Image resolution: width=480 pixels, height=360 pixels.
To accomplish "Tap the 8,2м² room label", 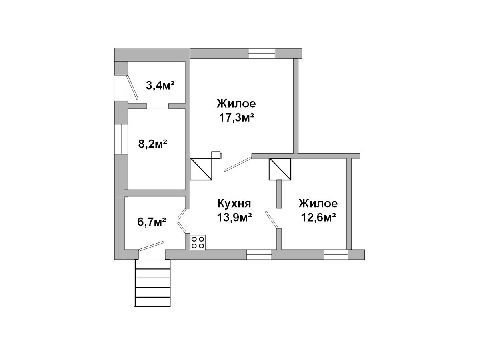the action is point(153,144).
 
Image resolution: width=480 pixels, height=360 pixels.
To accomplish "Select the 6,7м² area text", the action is point(152,222).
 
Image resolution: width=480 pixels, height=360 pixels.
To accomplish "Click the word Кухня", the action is point(234,204).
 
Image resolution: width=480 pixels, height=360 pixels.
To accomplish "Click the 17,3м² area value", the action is point(236,118).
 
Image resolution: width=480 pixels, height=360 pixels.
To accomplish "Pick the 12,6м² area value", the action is point(318,218).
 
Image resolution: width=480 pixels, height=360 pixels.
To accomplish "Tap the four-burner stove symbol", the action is point(198,242).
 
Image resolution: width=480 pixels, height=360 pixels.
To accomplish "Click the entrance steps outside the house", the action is point(152,283).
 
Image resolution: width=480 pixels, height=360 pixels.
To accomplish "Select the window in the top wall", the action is point(262,54).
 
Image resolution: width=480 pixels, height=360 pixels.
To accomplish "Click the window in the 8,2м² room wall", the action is point(121,140).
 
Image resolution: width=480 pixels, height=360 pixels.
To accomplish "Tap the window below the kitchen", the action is point(259,255).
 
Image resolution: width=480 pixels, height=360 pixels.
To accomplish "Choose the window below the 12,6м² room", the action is point(336,255).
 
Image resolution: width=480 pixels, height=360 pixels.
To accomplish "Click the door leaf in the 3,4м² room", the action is point(132,88).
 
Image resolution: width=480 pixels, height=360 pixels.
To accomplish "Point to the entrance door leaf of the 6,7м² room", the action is point(151,246).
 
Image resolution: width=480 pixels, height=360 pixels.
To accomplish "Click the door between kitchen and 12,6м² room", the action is point(271,220).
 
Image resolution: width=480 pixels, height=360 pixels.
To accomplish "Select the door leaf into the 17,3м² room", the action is point(238,164).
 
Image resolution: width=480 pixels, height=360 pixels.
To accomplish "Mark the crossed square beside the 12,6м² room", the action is point(280,169).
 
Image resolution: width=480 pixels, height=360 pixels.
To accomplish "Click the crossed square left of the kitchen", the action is point(201,169).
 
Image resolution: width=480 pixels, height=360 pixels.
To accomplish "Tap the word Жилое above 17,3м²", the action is point(236,104).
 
